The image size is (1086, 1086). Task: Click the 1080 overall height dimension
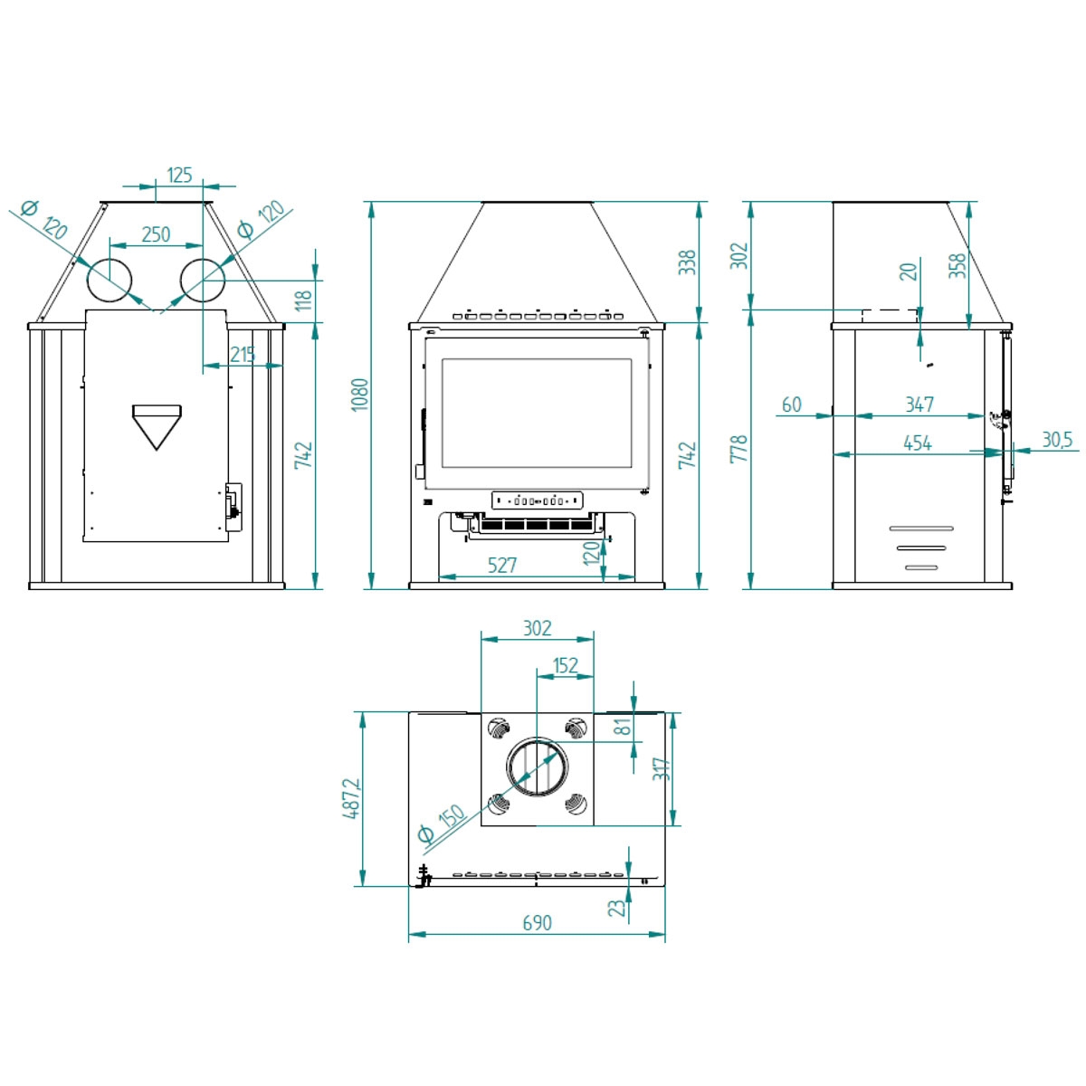(360, 395)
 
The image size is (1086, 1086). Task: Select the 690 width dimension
(537, 922)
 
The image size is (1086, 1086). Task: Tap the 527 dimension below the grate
(502, 566)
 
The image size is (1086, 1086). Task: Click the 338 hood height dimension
(688, 262)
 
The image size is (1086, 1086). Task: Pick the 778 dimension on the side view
(739, 449)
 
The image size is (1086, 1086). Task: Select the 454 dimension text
(917, 443)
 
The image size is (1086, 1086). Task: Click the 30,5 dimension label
(1056, 440)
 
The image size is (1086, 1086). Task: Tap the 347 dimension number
(919, 405)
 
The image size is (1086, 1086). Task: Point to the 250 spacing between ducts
(156, 234)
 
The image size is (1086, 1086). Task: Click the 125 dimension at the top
(180, 175)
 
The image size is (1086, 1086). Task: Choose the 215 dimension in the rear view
(243, 355)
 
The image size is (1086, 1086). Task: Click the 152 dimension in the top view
(566, 665)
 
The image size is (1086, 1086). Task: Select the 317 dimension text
(662, 769)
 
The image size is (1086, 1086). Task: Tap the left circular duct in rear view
(110, 281)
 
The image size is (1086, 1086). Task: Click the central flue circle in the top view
(538, 768)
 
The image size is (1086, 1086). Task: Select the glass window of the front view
(536, 413)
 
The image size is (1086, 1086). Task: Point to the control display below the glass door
(538, 500)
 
